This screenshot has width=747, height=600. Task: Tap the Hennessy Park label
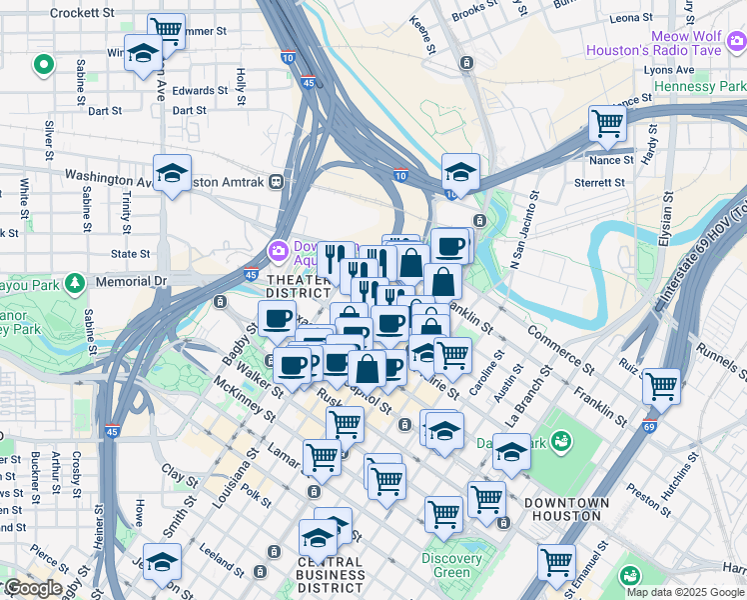click(699, 87)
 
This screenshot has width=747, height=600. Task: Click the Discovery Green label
click(451, 566)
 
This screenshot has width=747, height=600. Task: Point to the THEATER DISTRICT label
click(298, 286)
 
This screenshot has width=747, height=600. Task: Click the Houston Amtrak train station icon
click(275, 181)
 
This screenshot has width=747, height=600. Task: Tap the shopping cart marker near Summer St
click(166, 29)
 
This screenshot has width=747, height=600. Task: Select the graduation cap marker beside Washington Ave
click(173, 173)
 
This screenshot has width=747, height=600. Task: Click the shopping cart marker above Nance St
click(606, 123)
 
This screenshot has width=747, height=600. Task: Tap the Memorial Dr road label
click(131, 282)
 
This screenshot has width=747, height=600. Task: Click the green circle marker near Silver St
click(43, 66)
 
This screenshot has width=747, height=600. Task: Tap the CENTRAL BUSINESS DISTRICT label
click(331, 575)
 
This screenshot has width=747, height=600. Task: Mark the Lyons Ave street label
click(668, 70)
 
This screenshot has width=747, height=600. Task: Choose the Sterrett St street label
click(599, 183)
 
